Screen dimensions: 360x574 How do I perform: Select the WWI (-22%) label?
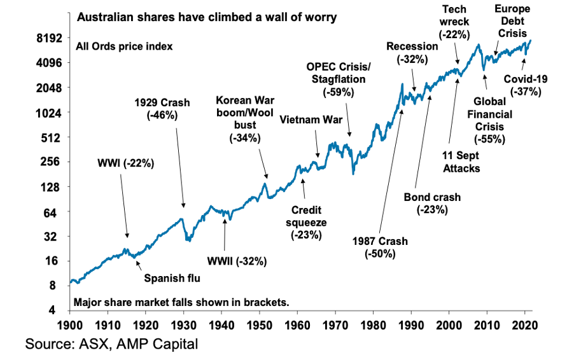[x=125, y=163]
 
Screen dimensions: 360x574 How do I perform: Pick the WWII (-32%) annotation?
[x=237, y=261]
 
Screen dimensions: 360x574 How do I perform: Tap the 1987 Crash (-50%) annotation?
[x=381, y=247]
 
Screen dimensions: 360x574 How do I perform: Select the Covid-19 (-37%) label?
[x=526, y=85]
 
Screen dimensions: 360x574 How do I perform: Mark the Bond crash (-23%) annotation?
[x=432, y=204]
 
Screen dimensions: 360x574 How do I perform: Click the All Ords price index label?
[x=124, y=46]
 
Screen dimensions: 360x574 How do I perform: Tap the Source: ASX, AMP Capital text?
[x=111, y=345]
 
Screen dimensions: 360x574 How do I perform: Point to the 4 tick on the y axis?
[x=55, y=310]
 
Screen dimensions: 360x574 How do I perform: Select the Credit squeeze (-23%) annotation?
[x=309, y=223]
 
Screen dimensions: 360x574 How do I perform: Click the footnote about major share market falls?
[x=181, y=302]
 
